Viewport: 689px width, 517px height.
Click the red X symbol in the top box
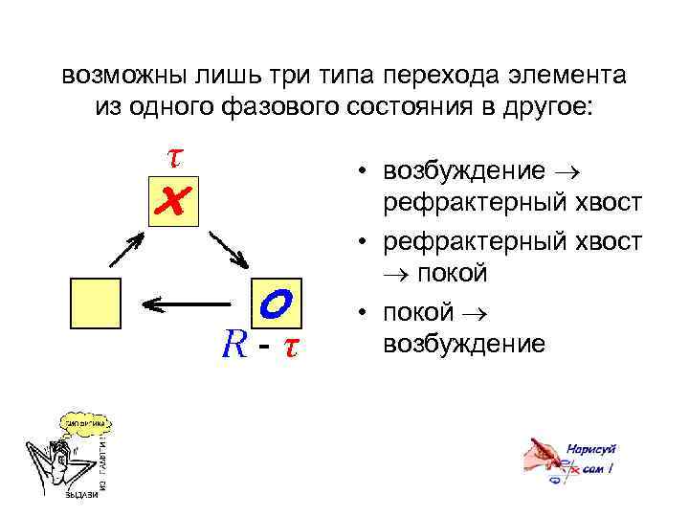click(x=173, y=201)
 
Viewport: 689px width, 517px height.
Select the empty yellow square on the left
click(x=96, y=303)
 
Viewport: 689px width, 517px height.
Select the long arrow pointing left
click(x=191, y=303)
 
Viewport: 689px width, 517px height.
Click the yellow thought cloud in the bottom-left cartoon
click(x=85, y=421)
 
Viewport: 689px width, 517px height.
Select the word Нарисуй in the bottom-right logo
click(x=590, y=448)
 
